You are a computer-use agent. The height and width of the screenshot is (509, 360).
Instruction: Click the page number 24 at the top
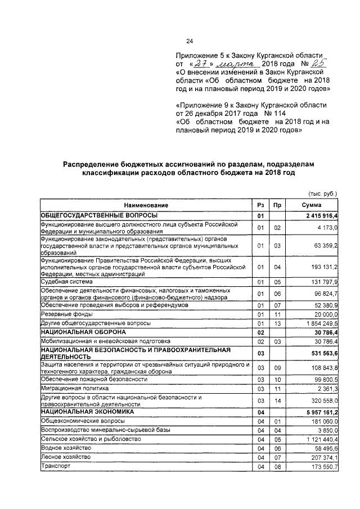point(190,41)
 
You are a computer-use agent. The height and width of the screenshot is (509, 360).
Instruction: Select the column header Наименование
point(146,206)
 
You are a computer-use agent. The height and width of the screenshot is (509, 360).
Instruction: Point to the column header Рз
point(260,206)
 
